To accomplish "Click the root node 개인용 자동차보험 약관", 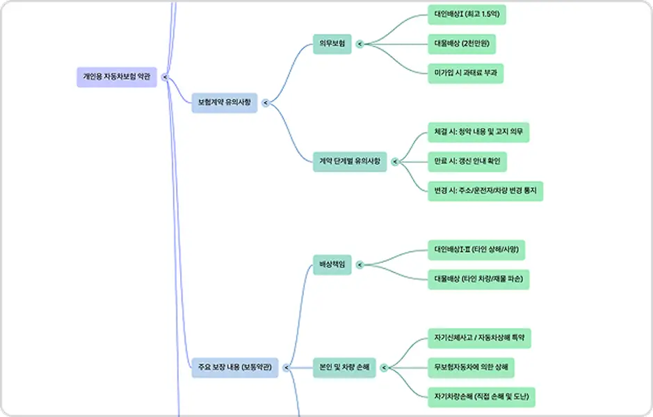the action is (x=117, y=77).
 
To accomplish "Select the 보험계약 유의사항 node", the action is (x=225, y=103).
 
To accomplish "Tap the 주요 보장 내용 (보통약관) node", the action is (x=235, y=368).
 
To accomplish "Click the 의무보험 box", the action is (x=332, y=44).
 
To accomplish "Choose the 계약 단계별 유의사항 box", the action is (x=350, y=161).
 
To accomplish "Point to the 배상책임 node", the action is (x=332, y=265).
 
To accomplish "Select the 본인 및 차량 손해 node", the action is (x=344, y=368).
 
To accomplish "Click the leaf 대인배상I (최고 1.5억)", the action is (x=467, y=15).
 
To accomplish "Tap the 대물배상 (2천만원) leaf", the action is (x=462, y=44).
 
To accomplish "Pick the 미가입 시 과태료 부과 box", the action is (x=466, y=73).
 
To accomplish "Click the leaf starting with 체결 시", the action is (x=478, y=132).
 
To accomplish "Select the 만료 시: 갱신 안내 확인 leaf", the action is (x=467, y=161).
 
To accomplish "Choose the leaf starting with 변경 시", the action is (x=485, y=191).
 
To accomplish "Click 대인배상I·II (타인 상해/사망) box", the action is (x=476, y=250).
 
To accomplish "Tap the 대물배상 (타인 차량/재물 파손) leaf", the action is (x=478, y=279).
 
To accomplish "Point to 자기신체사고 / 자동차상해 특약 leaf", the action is (x=479, y=338).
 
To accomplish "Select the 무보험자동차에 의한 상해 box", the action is (x=471, y=368).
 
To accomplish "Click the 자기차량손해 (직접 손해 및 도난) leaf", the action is (x=481, y=397).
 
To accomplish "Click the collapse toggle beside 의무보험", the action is (x=360, y=44).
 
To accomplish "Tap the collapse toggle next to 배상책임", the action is (x=360, y=265).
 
